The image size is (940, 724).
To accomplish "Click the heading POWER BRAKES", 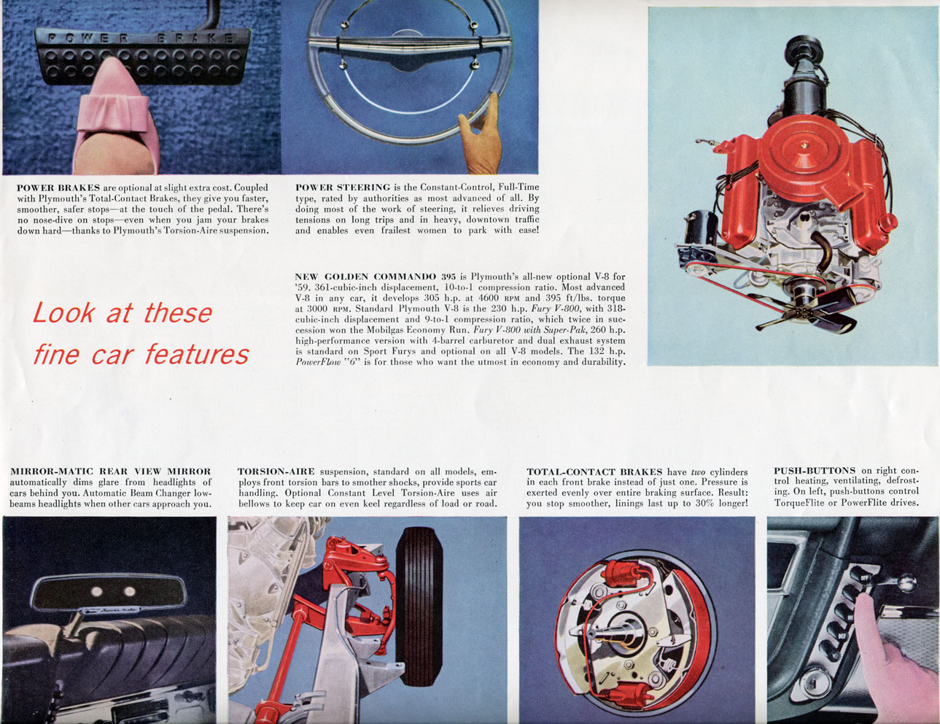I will click(58, 188).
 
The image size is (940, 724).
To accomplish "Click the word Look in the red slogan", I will click(63, 313).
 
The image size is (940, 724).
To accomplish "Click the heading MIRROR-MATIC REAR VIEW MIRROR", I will click(111, 471).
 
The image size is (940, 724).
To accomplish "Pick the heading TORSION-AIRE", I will click(276, 471).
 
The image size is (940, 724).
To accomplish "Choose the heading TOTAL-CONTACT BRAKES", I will click(594, 472).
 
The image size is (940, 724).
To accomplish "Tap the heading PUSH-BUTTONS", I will click(815, 471).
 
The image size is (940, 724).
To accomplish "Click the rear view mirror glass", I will click(109, 591).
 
